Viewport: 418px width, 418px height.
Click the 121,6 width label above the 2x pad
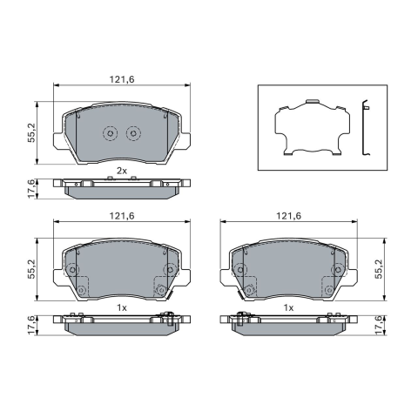[x=122, y=79]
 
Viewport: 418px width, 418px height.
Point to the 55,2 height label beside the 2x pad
[x=31, y=132]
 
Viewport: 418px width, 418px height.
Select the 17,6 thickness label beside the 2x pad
[x=31, y=189]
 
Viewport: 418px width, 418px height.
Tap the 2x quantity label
[x=122, y=171]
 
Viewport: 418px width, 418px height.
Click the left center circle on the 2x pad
[x=110, y=133]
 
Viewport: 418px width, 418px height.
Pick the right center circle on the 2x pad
[x=133, y=133]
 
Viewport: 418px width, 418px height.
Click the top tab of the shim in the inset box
[x=313, y=101]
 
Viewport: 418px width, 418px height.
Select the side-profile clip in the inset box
[x=365, y=127]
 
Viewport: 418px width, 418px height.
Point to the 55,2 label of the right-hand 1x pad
[x=379, y=269]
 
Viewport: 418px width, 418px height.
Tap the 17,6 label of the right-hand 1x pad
[x=379, y=326]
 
